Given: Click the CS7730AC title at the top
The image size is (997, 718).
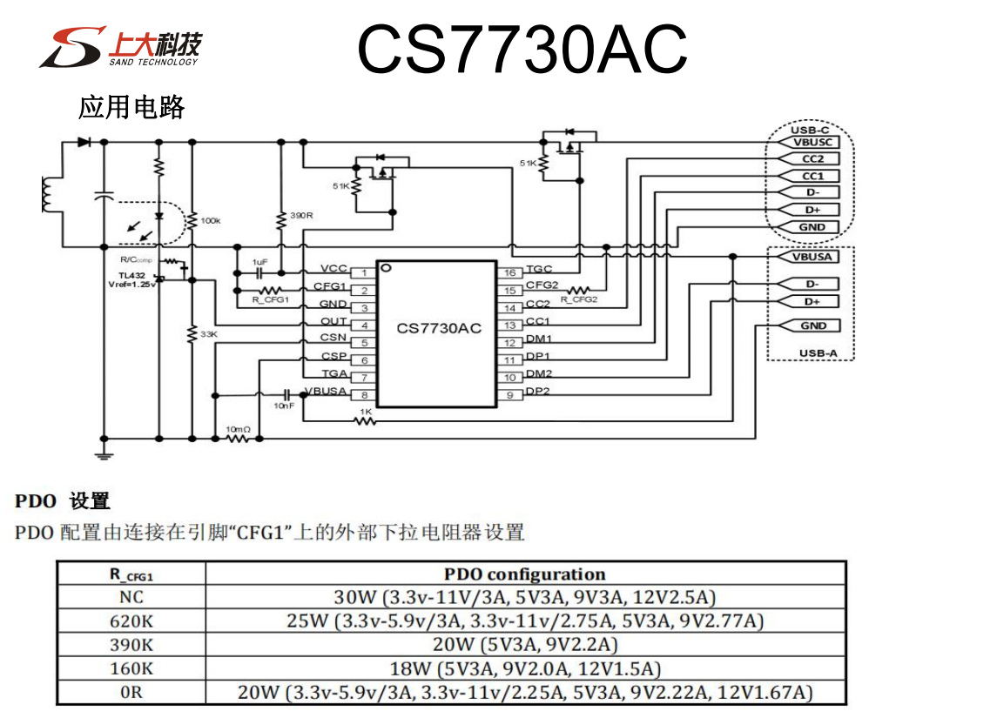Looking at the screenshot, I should coord(522,49).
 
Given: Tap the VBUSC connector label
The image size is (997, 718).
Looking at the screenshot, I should coord(812,142).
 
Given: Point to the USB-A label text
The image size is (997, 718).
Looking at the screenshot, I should coord(816,353).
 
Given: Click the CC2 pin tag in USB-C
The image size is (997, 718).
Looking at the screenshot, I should coord(812,158).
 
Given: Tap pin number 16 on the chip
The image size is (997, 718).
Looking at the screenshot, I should coord(511,273).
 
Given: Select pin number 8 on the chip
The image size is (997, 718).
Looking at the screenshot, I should coord(363,395).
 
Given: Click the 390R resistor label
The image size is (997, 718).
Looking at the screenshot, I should coord(301,215).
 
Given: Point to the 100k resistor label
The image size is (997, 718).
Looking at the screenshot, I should coord(211,221).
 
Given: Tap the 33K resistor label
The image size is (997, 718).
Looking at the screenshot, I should coord(209,333).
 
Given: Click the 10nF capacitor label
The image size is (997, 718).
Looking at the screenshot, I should coord(284,406).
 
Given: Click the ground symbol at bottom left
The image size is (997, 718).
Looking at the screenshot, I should coord(104,453).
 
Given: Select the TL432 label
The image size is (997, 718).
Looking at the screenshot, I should coord(132,275).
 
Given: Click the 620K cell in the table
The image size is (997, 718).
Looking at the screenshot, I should coord(131,621).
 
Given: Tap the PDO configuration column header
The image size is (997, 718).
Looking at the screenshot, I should coord(524,574).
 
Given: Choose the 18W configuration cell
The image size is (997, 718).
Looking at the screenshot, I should coord(524,668).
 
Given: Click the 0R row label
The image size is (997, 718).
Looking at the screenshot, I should coord(131,693).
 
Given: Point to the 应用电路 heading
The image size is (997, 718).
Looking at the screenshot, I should coord(131,107).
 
